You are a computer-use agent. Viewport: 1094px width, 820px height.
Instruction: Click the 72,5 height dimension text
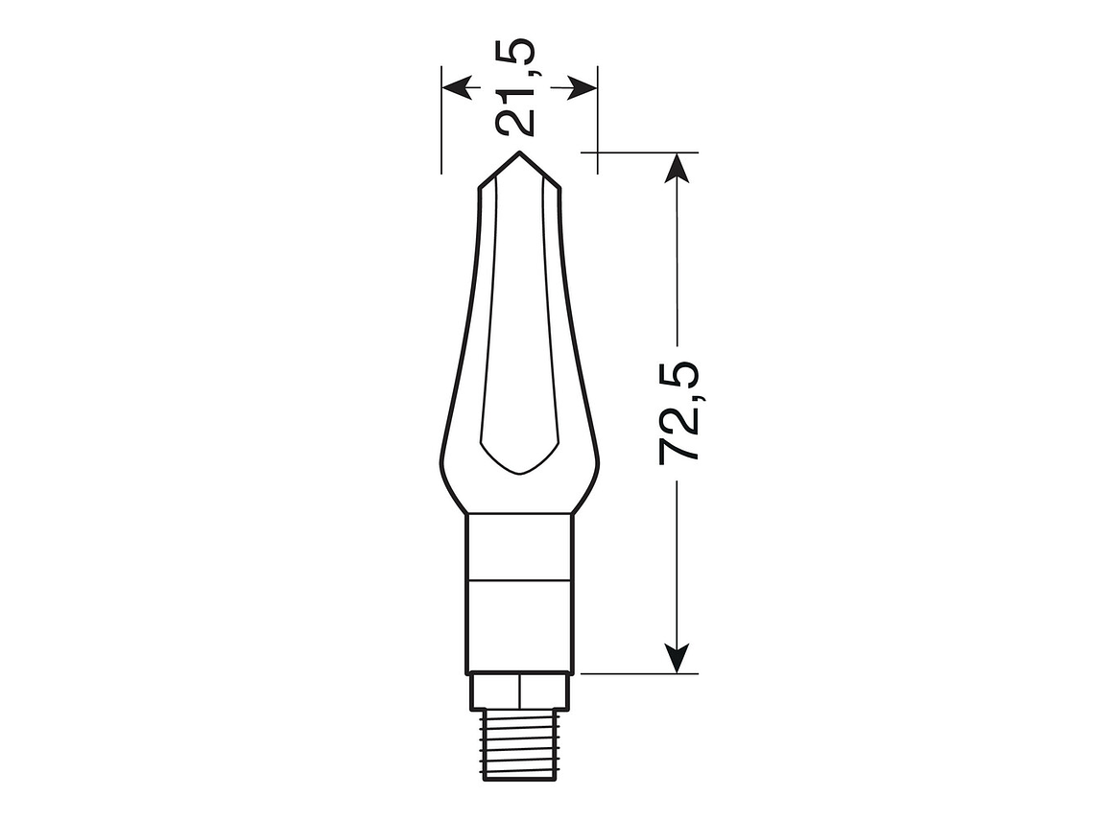click(679, 412)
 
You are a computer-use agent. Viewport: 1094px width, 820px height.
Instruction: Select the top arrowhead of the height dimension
click(678, 167)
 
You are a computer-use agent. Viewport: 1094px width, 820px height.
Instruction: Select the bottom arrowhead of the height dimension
click(678, 658)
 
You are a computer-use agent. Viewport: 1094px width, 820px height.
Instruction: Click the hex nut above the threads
click(519, 691)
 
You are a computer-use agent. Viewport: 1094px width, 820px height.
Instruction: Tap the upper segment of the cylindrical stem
click(519, 547)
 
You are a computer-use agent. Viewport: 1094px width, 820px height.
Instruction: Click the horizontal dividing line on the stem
click(519, 580)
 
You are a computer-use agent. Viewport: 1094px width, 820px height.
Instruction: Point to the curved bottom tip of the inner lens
click(519, 473)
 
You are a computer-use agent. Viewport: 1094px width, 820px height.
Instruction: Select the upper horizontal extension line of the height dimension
click(643, 151)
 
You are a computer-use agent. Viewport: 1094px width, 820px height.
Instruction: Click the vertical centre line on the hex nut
click(519, 691)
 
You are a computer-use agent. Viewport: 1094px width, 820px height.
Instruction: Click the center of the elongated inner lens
click(519, 326)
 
